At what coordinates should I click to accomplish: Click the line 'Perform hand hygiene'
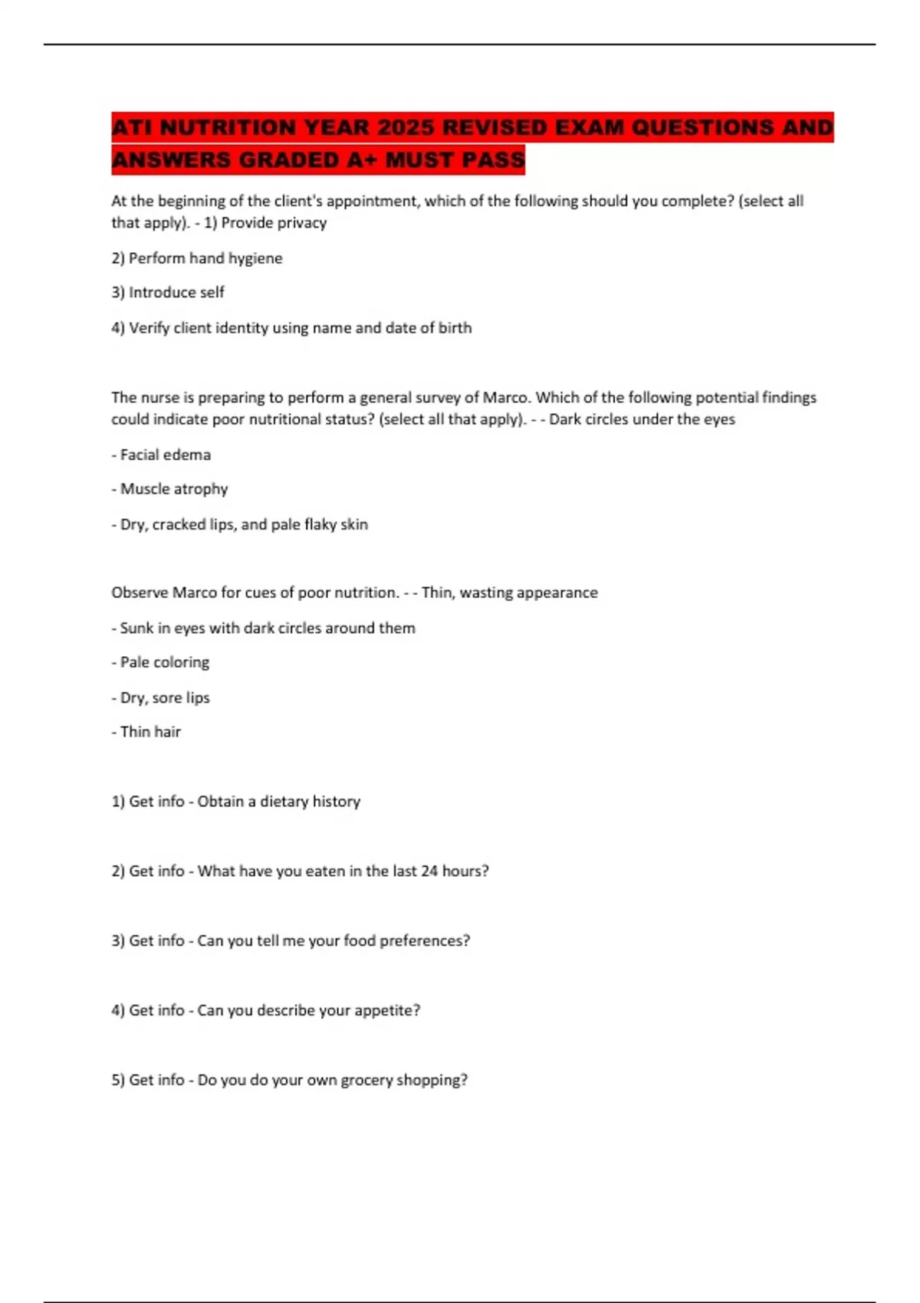(197, 258)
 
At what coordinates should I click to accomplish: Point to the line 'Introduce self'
(168, 293)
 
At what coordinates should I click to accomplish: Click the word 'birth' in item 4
(455, 328)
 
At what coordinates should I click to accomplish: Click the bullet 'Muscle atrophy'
(169, 489)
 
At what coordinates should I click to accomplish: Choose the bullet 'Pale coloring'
(160, 662)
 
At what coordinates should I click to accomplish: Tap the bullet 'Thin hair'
(146, 732)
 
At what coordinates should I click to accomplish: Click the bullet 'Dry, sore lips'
(160, 698)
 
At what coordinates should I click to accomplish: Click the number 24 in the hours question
(429, 871)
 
